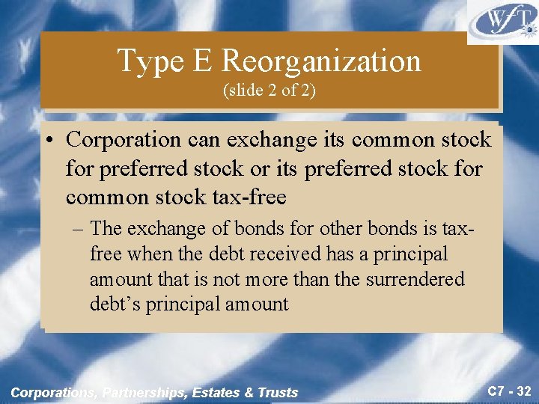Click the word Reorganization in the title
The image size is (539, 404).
[322, 61]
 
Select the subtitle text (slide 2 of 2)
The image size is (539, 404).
[269, 91]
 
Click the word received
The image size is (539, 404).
[287, 254]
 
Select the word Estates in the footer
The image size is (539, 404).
[219, 392]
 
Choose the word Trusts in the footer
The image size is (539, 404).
[278, 392]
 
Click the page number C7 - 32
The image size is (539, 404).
[507, 391]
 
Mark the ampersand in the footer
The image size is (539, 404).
[249, 392]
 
